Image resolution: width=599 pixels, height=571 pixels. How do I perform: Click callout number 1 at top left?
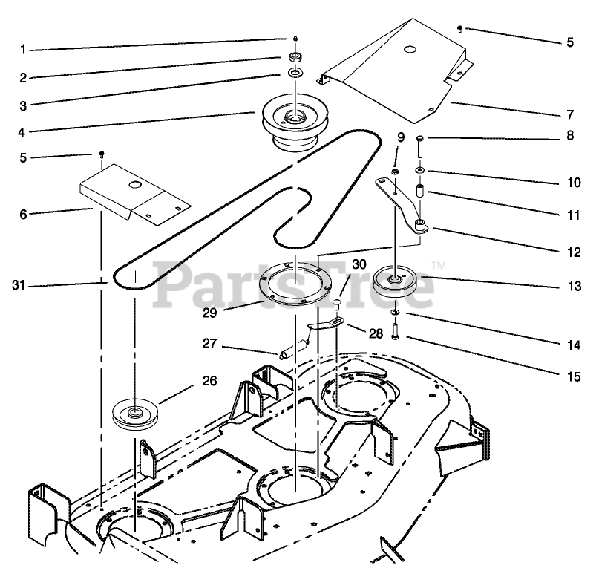pyautogui.click(x=23, y=50)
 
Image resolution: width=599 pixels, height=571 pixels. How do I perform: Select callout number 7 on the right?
pyautogui.click(x=570, y=115)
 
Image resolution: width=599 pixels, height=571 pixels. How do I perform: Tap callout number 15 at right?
pyautogui.click(x=570, y=376)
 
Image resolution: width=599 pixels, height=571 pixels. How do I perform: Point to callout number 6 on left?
pyautogui.click(x=23, y=213)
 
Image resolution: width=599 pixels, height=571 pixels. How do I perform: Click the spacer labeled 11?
pyautogui.click(x=420, y=192)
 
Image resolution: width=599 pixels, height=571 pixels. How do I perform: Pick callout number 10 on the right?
pyautogui.click(x=570, y=181)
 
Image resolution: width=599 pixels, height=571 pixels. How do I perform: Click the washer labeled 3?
pyautogui.click(x=295, y=73)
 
